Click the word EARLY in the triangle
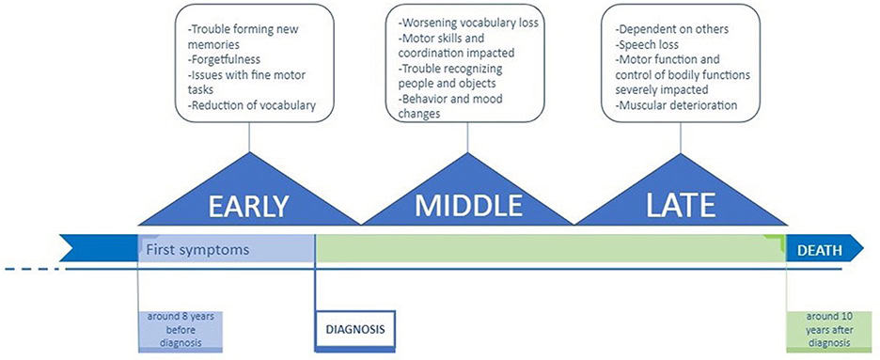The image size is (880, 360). click(248, 207)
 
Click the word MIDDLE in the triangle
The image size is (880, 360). click(468, 206)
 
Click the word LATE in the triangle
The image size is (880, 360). click(681, 206)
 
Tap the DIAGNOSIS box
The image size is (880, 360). click(355, 329)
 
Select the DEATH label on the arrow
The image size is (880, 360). click(820, 250)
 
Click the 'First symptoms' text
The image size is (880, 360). click(197, 249)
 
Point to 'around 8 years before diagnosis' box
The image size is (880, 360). click(181, 330)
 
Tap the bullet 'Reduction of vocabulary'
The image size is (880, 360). click(253, 104)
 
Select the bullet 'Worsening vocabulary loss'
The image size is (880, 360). click(468, 23)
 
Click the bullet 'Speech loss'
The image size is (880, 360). click(647, 44)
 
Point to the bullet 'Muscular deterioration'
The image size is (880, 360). click(676, 105)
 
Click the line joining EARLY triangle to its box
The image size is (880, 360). click(249, 137)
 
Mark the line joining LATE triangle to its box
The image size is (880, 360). click(681, 138)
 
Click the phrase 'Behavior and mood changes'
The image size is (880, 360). click(450, 106)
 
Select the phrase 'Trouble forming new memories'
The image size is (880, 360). click(244, 37)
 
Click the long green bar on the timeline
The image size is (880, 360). click(551, 248)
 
